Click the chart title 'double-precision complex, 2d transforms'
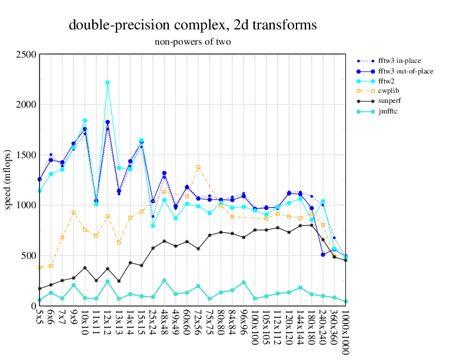tap(193, 25)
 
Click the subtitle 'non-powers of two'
tap(192, 42)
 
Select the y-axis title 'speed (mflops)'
tap(8, 180)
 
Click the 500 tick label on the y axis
tap(29, 255)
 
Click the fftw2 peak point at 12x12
tap(108, 83)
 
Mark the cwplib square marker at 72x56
tap(198, 167)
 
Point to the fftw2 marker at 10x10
tap(85, 121)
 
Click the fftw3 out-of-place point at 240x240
tap(323, 255)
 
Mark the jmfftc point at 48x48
tap(164, 281)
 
